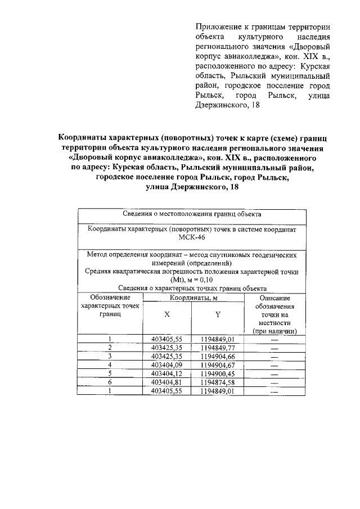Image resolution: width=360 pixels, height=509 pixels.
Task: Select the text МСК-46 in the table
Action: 193,237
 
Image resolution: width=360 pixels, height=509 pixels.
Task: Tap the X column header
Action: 167,315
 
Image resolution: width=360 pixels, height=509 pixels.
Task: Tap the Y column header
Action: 217,315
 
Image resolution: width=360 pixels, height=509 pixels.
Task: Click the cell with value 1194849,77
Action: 217,347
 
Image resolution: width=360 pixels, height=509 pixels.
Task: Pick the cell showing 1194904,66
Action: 217,356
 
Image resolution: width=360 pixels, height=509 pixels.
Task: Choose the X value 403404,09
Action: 167,365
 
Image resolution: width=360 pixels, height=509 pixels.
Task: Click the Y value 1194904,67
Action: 217,365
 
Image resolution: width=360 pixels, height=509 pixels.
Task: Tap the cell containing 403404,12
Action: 167,373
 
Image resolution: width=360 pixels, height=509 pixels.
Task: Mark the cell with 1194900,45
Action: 217,373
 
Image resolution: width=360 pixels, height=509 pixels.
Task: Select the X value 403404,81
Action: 167,382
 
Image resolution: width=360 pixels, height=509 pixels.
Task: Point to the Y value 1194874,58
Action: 217,382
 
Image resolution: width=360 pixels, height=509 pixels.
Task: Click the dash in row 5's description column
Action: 274,373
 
